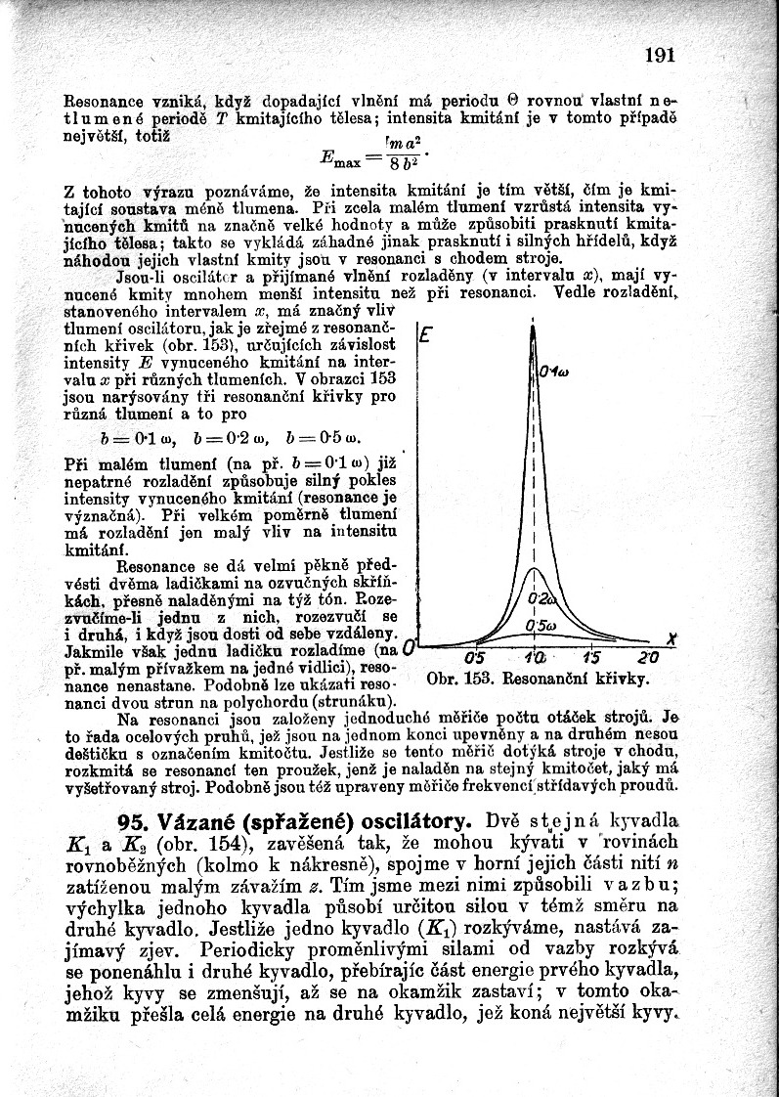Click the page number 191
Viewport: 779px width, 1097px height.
click(660, 55)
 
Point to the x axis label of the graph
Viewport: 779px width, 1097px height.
click(671, 637)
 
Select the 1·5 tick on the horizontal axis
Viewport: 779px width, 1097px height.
click(592, 657)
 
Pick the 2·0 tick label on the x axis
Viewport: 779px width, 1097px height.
click(648, 657)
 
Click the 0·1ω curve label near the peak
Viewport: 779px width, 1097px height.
click(554, 371)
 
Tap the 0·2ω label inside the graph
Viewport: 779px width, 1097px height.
click(540, 598)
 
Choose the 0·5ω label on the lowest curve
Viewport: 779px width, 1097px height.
click(540, 626)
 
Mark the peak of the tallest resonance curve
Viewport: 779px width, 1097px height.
click(534, 328)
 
